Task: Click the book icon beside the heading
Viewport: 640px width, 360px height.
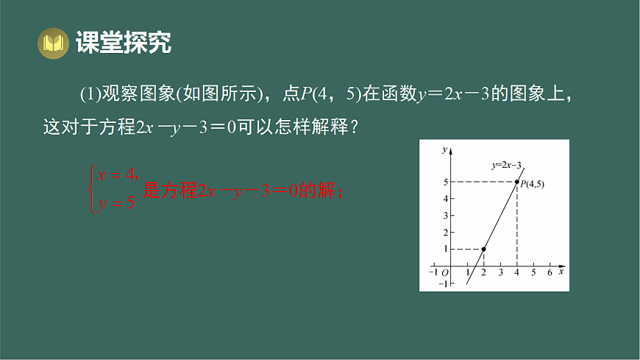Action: (x=52, y=43)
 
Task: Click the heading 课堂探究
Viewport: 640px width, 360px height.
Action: (x=123, y=43)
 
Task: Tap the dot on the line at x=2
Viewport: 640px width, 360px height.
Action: (x=483, y=249)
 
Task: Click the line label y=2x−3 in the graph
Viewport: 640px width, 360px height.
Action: (x=511, y=166)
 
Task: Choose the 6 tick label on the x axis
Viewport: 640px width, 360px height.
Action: (x=550, y=273)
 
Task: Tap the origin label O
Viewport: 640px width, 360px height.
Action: (x=444, y=273)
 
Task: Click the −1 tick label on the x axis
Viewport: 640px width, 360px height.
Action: (x=433, y=273)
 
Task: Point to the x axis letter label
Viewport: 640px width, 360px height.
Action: (x=561, y=272)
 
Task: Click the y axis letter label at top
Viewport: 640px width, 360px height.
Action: (x=444, y=149)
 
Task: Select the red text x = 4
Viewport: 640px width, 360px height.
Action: (x=118, y=174)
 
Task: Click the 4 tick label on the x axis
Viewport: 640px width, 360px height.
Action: (x=516, y=273)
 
